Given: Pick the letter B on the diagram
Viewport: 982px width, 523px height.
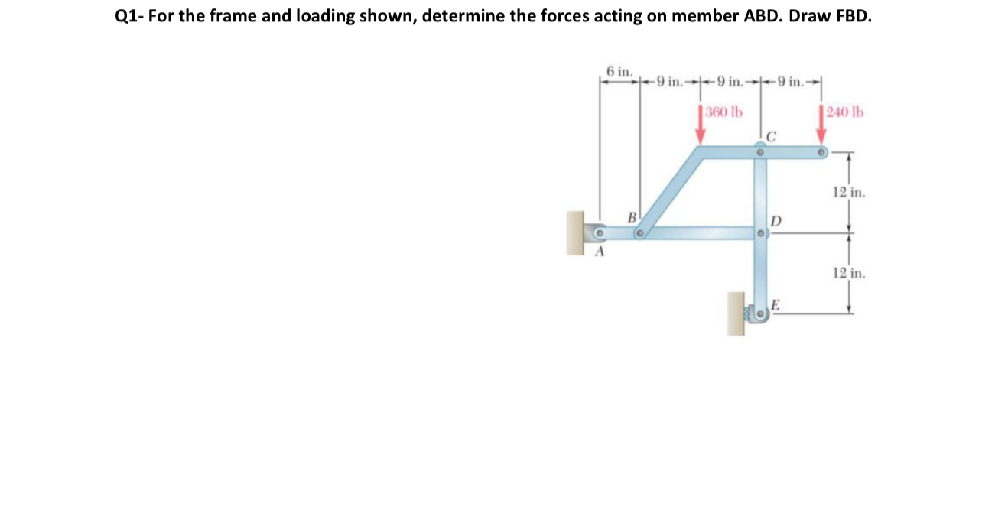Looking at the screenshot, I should pyautogui.click(x=632, y=217).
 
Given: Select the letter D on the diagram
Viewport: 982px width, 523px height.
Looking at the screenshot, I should pyautogui.click(x=775, y=220).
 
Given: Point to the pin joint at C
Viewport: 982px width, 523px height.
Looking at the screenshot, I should pyautogui.click(x=759, y=153).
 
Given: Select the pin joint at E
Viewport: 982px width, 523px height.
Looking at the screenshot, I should pyautogui.click(x=760, y=315).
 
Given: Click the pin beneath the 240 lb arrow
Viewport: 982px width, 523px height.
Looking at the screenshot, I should pyautogui.click(x=821, y=153).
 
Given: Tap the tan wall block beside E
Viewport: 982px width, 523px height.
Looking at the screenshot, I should pyautogui.click(x=736, y=313).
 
